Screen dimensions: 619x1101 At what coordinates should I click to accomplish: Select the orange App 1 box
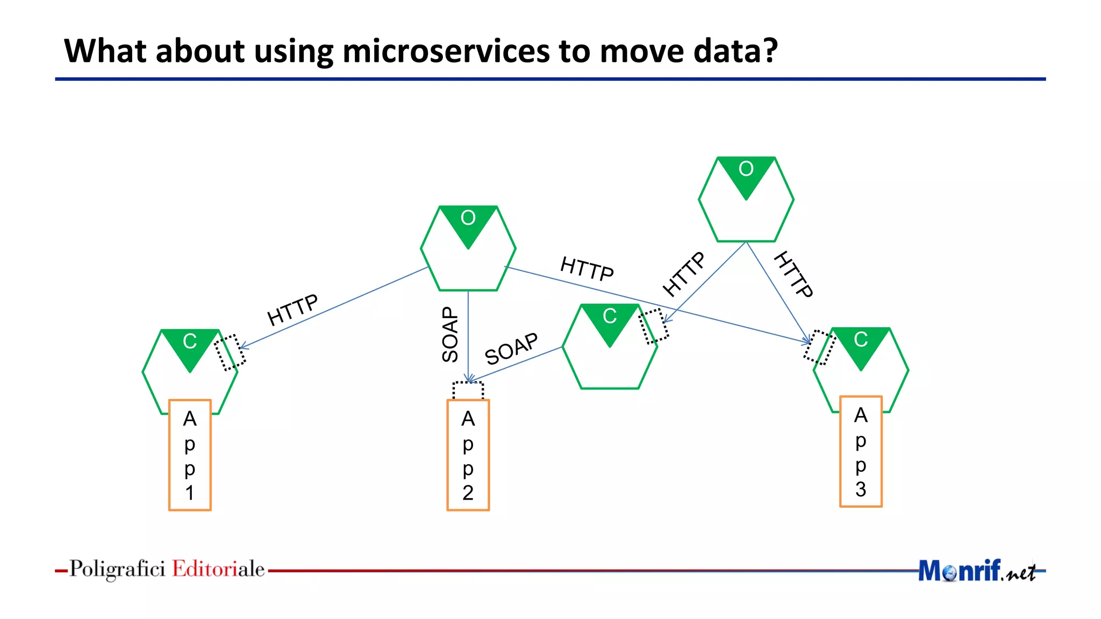click(190, 455)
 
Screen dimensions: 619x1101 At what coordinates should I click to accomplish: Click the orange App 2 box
click(468, 455)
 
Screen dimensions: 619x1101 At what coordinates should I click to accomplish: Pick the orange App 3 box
click(861, 451)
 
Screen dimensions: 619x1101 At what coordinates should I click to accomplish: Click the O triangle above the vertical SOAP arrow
click(468, 222)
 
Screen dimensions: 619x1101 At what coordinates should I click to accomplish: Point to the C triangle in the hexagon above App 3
click(861, 343)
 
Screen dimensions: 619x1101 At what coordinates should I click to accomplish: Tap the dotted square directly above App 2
click(468, 391)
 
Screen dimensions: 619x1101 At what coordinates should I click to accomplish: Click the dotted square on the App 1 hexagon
click(230, 352)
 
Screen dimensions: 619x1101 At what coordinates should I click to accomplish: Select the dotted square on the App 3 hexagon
click(819, 347)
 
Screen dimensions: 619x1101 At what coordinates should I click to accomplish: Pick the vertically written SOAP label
click(450, 334)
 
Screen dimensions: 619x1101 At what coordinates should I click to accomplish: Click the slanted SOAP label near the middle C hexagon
click(511, 349)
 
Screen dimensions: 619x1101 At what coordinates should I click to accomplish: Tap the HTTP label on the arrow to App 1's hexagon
click(292, 309)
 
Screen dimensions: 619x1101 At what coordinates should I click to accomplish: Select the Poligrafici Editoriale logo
click(167, 569)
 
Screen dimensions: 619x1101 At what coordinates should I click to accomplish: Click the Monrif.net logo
click(976, 571)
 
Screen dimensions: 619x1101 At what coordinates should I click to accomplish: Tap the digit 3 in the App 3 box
click(861, 490)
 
